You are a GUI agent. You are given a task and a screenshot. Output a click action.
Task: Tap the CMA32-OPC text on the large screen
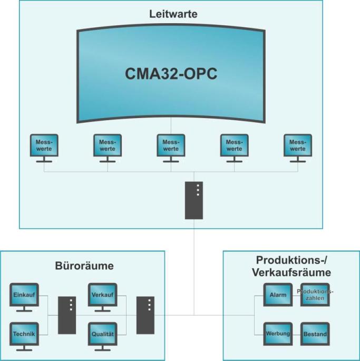tap(171, 73)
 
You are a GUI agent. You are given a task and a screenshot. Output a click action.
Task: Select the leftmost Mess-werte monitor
tap(44, 145)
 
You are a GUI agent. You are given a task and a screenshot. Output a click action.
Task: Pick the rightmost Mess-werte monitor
tap(297, 145)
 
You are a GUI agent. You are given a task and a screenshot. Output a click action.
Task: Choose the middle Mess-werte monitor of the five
tap(171, 145)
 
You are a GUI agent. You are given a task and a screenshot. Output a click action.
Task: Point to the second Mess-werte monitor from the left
tap(108, 145)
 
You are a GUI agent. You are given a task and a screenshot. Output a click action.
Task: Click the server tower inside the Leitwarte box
tap(194, 200)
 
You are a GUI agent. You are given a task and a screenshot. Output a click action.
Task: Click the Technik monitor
tap(24, 333)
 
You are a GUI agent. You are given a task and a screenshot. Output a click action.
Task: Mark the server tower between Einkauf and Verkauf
tap(67, 315)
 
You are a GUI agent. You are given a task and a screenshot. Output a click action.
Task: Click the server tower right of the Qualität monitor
tap(145, 315)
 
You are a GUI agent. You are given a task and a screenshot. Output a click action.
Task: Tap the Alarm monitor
tap(278, 295)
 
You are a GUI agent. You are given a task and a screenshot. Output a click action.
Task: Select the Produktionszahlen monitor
tap(315, 295)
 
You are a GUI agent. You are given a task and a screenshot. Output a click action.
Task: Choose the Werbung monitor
tap(278, 334)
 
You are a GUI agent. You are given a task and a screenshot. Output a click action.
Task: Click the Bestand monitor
tap(315, 334)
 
